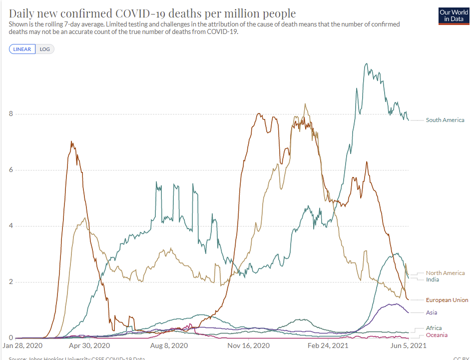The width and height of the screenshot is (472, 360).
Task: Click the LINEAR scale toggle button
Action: click(x=22, y=49)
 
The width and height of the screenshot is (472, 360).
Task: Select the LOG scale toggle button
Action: click(x=45, y=49)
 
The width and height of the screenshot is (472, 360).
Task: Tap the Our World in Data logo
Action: click(x=454, y=15)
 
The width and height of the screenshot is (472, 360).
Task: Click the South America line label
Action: click(x=445, y=120)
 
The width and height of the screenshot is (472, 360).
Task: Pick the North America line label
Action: click(x=445, y=273)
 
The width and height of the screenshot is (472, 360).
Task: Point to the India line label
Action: click(x=433, y=279)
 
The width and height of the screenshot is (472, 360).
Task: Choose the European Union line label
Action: click(x=447, y=300)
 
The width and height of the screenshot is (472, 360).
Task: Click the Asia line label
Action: click(x=432, y=312)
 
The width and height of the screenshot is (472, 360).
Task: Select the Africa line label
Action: click(x=434, y=328)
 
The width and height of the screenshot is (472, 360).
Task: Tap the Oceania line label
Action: click(x=437, y=335)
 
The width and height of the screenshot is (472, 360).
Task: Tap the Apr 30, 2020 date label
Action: click(x=89, y=345)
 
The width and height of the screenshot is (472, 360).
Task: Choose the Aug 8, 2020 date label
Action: click(x=169, y=345)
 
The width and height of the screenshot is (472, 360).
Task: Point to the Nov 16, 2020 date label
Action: click(x=248, y=345)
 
